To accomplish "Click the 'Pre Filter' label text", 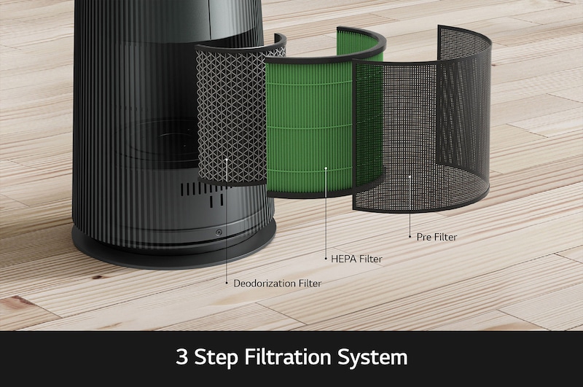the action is pos(437,237).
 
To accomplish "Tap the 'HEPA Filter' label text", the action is pos(356,259).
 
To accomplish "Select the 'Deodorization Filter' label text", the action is pos(278,284).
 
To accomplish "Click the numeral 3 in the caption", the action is pos(181,356).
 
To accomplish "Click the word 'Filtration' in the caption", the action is pos(287,356).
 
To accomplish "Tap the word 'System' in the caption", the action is pos(372,358).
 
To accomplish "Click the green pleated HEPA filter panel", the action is pos(308,126).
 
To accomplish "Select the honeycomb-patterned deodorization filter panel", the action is pos(230,115).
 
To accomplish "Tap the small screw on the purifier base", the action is pos(219,232).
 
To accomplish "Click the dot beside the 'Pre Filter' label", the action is pos(410,236).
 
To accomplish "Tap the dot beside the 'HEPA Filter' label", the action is pos(326,258).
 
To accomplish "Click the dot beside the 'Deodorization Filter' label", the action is pos(227,283).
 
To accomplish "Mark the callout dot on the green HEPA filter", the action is pos(326,168).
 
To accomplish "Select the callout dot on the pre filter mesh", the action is pos(410,176).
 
